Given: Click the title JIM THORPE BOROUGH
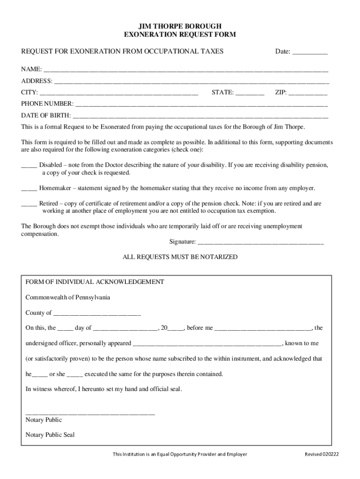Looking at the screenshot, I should (x=180, y=26).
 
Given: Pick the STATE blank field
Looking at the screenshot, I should (x=250, y=93).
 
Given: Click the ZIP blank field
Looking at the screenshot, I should (x=308, y=93).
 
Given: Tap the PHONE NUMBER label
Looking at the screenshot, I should (x=47, y=104).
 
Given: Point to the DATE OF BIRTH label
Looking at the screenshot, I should (x=46, y=116).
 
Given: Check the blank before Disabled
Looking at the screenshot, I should (x=29, y=166).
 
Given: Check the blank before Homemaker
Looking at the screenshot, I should (x=29, y=189).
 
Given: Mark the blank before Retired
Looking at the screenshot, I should (x=29, y=204).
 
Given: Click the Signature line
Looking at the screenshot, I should (x=260, y=243).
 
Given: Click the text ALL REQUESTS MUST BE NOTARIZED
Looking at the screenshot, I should (x=180, y=257).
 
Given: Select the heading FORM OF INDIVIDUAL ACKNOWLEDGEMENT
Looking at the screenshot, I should (x=94, y=282).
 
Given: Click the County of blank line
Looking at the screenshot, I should (x=97, y=313).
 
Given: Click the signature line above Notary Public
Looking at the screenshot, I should (x=90, y=414).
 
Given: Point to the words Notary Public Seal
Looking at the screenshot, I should (x=50, y=435).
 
